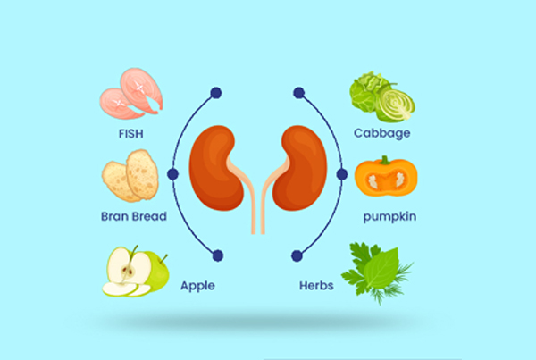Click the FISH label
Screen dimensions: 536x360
click(131, 134)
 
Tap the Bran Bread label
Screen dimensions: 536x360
click(134, 216)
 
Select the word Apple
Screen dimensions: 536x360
click(197, 286)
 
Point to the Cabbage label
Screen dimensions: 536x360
click(381, 133)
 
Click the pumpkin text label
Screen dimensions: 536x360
click(389, 217)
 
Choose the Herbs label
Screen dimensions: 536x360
click(316, 286)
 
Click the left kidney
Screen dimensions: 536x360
click(216, 168)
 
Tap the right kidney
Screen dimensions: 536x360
click(300, 168)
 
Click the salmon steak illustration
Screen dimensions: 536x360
click(131, 93)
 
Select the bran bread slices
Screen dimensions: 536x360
click(130, 176)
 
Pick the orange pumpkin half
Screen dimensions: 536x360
click(386, 178)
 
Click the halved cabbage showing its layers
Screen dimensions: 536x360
click(396, 104)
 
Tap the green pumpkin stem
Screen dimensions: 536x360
click(385, 160)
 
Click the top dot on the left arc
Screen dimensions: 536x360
click(216, 93)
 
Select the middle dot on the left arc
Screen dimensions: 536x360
click(173, 174)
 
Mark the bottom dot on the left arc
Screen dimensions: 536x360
click(218, 255)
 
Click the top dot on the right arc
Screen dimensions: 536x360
click(298, 93)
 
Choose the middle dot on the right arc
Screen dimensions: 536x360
click(342, 174)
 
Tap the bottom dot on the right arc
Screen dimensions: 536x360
click(297, 255)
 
